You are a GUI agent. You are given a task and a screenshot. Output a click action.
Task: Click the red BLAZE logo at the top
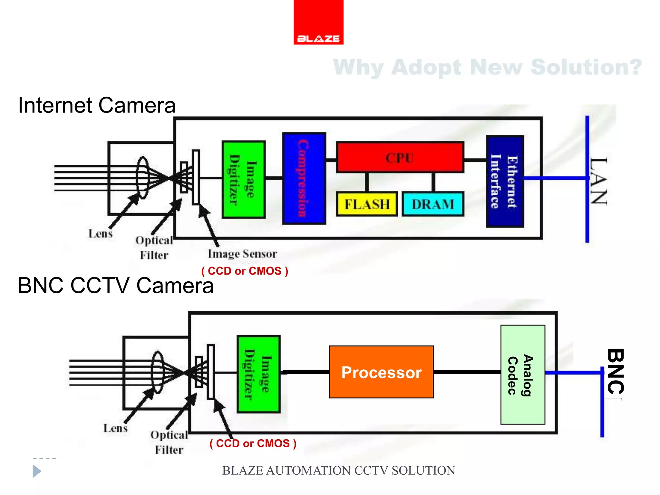318,22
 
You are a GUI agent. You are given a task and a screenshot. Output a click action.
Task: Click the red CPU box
400,158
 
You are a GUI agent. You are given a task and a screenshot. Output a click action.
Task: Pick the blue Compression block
304,178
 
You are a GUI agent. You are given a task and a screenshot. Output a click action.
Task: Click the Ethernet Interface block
505,181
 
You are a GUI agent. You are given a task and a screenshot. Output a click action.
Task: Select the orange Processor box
381,372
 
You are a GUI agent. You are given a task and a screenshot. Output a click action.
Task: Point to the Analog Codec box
522,375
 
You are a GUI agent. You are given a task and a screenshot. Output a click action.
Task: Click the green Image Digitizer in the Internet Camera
244,180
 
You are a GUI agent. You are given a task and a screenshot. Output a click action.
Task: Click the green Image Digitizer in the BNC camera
258,374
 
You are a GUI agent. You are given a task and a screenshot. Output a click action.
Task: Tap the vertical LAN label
599,181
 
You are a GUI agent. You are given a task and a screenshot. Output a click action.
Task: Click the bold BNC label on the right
616,372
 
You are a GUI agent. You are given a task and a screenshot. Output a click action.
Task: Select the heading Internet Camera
97,105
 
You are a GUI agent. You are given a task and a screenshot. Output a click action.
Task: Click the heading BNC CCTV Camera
115,286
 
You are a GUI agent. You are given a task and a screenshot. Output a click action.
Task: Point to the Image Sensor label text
242,254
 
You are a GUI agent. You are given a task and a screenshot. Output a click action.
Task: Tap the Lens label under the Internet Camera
101,234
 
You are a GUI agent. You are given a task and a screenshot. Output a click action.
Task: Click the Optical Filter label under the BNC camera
169,442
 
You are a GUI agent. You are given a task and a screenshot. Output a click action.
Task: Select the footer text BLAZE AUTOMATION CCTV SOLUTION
338,471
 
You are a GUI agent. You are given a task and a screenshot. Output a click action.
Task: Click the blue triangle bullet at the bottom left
36,471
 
